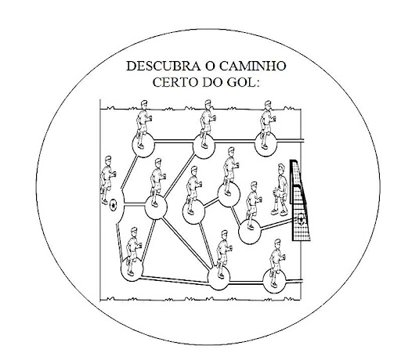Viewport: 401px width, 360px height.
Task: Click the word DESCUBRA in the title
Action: pos(164,67)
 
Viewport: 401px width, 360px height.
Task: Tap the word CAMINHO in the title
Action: pos(252,67)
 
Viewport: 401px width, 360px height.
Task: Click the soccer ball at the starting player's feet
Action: pos(113,205)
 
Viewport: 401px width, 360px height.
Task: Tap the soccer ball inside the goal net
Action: pos(301,219)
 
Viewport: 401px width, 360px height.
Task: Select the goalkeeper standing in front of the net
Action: pos(280,189)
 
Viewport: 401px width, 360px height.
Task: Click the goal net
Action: pos(300,200)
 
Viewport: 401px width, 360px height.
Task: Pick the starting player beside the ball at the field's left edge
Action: pos(107,180)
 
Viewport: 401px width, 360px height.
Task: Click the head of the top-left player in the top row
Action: pos(144,105)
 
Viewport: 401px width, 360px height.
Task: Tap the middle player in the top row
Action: pos(208,124)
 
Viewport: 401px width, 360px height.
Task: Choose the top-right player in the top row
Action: pos(267,124)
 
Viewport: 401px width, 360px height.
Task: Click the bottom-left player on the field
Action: pos(133,251)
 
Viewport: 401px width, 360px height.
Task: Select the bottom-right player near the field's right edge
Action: pos(276,263)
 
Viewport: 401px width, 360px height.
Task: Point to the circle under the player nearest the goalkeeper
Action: pos(250,232)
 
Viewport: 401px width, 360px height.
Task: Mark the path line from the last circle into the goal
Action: pos(276,225)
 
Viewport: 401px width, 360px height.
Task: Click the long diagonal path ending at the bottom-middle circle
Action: pos(186,243)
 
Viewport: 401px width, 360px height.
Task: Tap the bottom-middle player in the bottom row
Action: pos(223,254)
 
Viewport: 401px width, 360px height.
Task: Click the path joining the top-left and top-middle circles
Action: pos(174,142)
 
